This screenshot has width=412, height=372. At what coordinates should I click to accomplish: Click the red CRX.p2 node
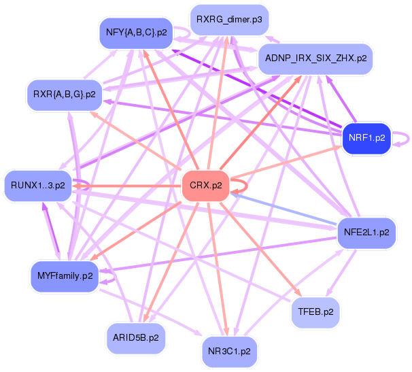coord(205,186)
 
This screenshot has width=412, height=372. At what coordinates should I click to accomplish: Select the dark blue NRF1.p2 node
coord(366,137)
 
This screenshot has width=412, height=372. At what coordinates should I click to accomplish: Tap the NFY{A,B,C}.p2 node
coord(136,33)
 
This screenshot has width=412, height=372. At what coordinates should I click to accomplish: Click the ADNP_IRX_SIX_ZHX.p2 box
coord(313,58)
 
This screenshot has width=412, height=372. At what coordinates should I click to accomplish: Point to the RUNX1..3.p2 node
coord(38,185)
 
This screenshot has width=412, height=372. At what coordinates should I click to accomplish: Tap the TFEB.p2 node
coord(315,312)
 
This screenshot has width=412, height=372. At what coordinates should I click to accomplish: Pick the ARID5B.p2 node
coord(136,336)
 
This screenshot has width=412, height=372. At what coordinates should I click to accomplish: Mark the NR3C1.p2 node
coord(228,352)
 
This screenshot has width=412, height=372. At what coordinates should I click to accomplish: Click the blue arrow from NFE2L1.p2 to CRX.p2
coord(286,209)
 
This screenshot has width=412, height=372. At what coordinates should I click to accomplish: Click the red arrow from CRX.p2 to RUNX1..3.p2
coord(129,186)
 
